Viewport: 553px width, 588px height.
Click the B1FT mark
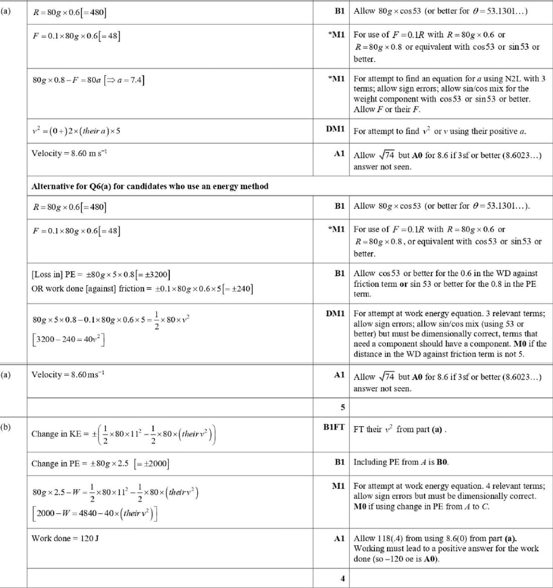point(334,427)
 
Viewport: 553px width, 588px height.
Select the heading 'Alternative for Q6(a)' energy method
point(150,186)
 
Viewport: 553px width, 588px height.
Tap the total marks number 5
point(342,407)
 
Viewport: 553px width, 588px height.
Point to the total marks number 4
point(342,578)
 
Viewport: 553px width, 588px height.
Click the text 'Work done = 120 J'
point(65,538)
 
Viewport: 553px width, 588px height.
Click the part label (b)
point(6,427)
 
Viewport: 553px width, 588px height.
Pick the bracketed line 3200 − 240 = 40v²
point(68,339)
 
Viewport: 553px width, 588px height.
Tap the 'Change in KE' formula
point(124,434)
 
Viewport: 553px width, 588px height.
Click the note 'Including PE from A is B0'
point(401,462)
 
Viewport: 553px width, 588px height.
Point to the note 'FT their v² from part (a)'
point(400,429)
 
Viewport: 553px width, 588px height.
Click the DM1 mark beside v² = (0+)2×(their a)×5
point(335,129)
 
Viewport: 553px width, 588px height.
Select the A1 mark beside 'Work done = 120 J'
point(339,538)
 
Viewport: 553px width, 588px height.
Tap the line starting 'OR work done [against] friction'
point(142,289)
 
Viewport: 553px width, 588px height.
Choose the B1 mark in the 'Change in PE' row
point(339,462)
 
